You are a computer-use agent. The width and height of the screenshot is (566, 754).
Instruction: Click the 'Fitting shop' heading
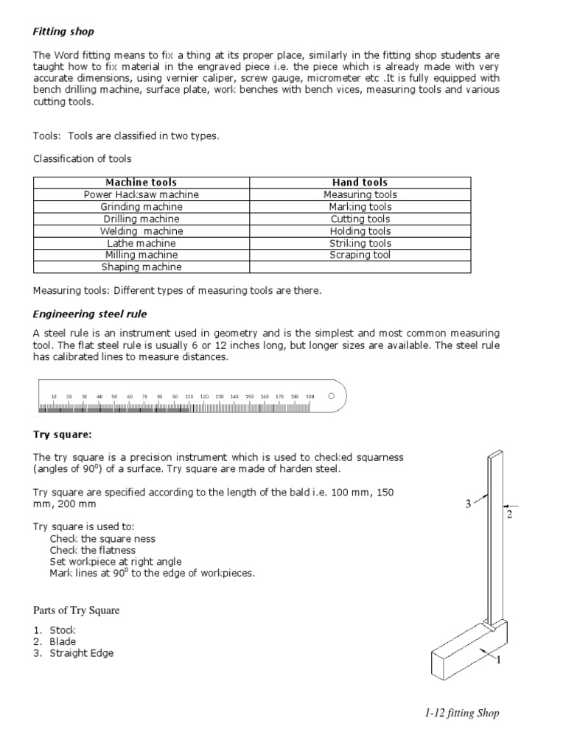coord(63,32)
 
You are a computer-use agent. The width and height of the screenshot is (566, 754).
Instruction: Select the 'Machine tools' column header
coord(141,182)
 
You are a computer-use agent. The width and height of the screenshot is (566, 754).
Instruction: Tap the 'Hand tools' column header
coord(360,182)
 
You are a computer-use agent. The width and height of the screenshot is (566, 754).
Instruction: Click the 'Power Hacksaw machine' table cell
coord(141,194)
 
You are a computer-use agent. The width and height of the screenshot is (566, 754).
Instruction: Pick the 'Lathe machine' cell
coord(141,243)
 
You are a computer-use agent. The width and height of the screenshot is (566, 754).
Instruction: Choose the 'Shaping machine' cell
coord(141,267)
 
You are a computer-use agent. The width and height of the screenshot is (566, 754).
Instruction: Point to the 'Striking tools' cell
coord(360,243)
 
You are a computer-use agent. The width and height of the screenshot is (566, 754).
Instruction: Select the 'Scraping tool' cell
coord(360,255)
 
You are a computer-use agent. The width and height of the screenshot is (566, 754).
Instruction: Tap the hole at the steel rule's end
coord(331,395)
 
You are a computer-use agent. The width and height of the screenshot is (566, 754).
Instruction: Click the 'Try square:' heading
coord(63,434)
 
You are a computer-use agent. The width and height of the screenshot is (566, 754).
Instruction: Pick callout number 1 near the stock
coord(498,660)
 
